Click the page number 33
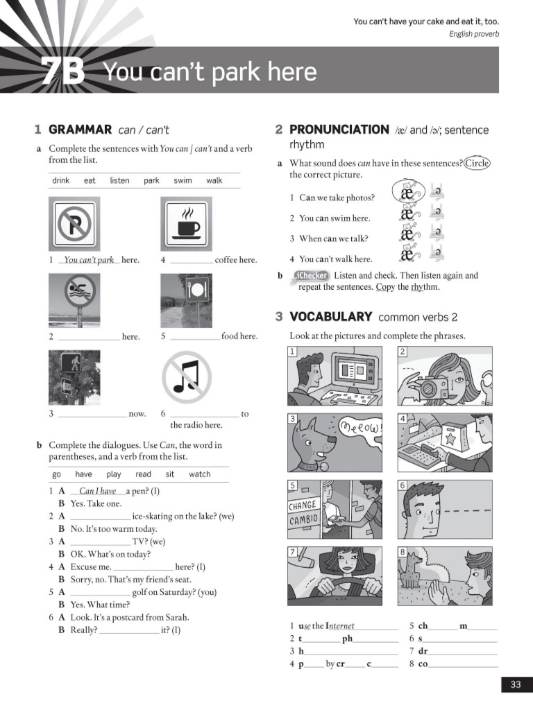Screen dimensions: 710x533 point(515,684)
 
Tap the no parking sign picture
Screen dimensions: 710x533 point(74,224)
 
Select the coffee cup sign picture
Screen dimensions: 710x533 point(186,224)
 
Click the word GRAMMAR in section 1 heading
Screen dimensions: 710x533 point(80,130)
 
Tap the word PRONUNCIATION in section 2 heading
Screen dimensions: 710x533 point(339,130)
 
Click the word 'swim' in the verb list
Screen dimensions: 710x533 point(183,180)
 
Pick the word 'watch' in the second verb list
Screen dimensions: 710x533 point(199,474)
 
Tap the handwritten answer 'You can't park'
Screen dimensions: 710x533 point(88,260)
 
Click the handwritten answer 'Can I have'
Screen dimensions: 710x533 point(98,491)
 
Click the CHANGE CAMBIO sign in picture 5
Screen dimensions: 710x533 point(303,512)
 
